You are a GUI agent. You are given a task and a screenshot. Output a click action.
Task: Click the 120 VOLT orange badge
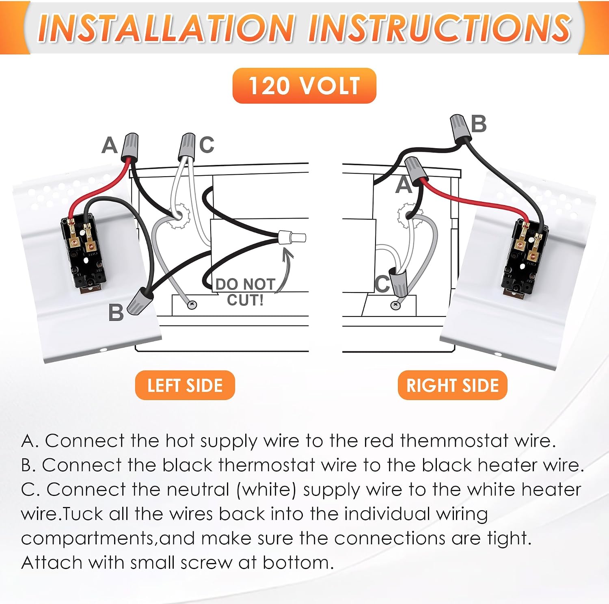coord(304,86)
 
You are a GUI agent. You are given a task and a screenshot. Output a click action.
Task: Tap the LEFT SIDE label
coord(185,385)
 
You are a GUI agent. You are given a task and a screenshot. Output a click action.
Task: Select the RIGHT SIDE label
coord(453,385)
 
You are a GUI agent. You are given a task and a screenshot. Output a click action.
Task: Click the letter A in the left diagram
coord(110,145)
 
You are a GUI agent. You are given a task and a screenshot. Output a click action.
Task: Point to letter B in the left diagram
coord(116,313)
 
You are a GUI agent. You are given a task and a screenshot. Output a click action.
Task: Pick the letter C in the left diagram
coord(207,145)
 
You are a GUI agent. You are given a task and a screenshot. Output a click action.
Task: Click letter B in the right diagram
coord(479,124)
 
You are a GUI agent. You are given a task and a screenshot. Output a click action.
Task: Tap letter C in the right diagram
coord(382,284)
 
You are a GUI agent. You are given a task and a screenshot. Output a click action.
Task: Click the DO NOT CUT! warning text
coord(245,292)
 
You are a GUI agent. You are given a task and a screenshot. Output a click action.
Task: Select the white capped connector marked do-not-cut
coord(292,237)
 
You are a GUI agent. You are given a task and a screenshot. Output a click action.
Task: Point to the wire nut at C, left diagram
coord(187,147)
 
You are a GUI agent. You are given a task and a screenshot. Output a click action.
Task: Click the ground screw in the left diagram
coord(192,304)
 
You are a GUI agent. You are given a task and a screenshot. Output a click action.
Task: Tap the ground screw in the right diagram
coord(395,305)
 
